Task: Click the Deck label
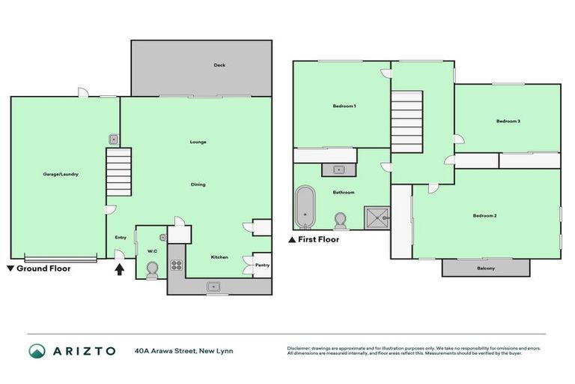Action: pyautogui.click(x=219, y=65)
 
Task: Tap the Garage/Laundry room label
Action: pyautogui.click(x=61, y=174)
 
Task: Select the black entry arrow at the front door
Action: pyautogui.click(x=119, y=268)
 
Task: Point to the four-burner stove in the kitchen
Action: pyautogui.click(x=177, y=264)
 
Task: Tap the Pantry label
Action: pyautogui.click(x=262, y=265)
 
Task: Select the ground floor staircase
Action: pyautogui.click(x=119, y=171)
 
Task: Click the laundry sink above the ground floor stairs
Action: pyautogui.click(x=112, y=139)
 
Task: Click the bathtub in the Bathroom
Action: pyautogui.click(x=304, y=207)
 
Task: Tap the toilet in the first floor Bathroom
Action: pyautogui.click(x=341, y=220)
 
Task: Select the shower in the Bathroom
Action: pyautogui.click(x=377, y=217)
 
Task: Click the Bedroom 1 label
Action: pyautogui.click(x=344, y=106)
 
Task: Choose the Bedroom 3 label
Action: pyautogui.click(x=508, y=121)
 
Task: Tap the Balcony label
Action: pyautogui.click(x=485, y=268)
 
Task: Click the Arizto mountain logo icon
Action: pyautogui.click(x=37, y=351)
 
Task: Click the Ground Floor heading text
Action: pyautogui.click(x=43, y=268)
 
